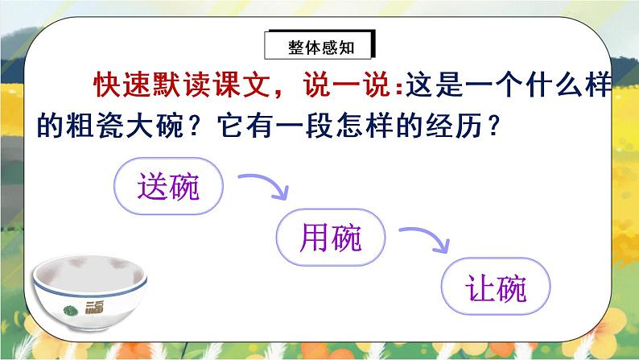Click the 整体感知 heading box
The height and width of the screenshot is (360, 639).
319,48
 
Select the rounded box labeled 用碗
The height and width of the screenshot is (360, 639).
330,237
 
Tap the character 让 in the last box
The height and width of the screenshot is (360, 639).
480,288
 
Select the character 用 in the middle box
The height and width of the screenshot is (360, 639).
314,237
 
